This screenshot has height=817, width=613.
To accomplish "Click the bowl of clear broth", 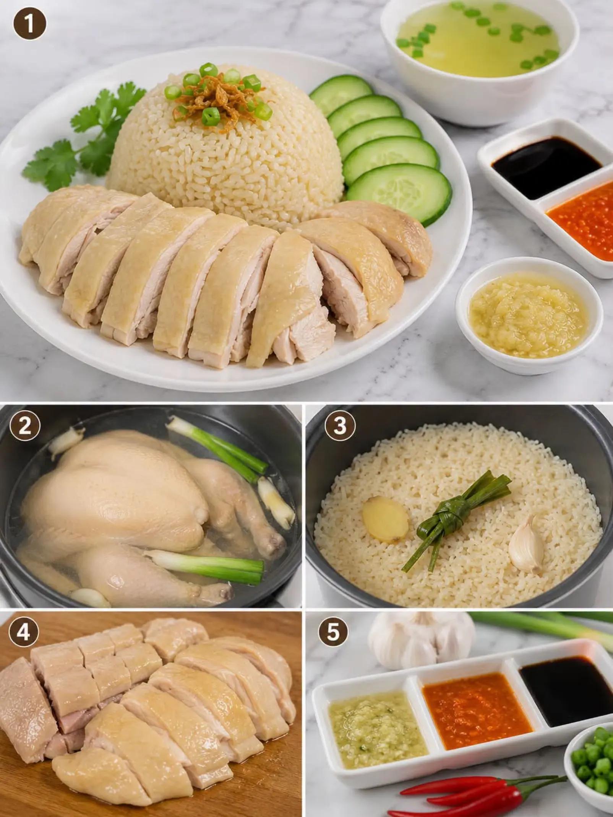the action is pos(480,58).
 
